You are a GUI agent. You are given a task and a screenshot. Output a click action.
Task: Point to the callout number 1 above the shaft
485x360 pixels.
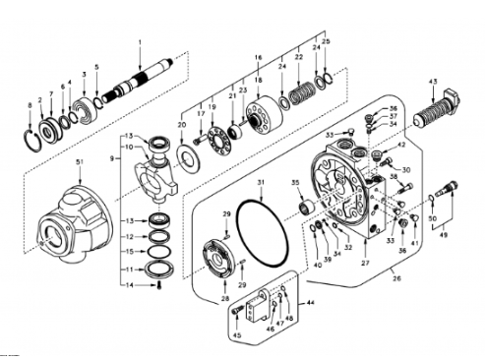tap(140, 41)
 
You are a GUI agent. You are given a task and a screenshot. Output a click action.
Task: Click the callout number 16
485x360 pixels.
tap(259, 59)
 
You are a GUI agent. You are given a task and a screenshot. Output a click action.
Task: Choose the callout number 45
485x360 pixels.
tap(236, 334)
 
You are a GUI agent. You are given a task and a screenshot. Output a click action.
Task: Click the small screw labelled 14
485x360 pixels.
tap(157, 285)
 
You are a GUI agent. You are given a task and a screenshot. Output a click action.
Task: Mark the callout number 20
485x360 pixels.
tap(180, 126)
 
